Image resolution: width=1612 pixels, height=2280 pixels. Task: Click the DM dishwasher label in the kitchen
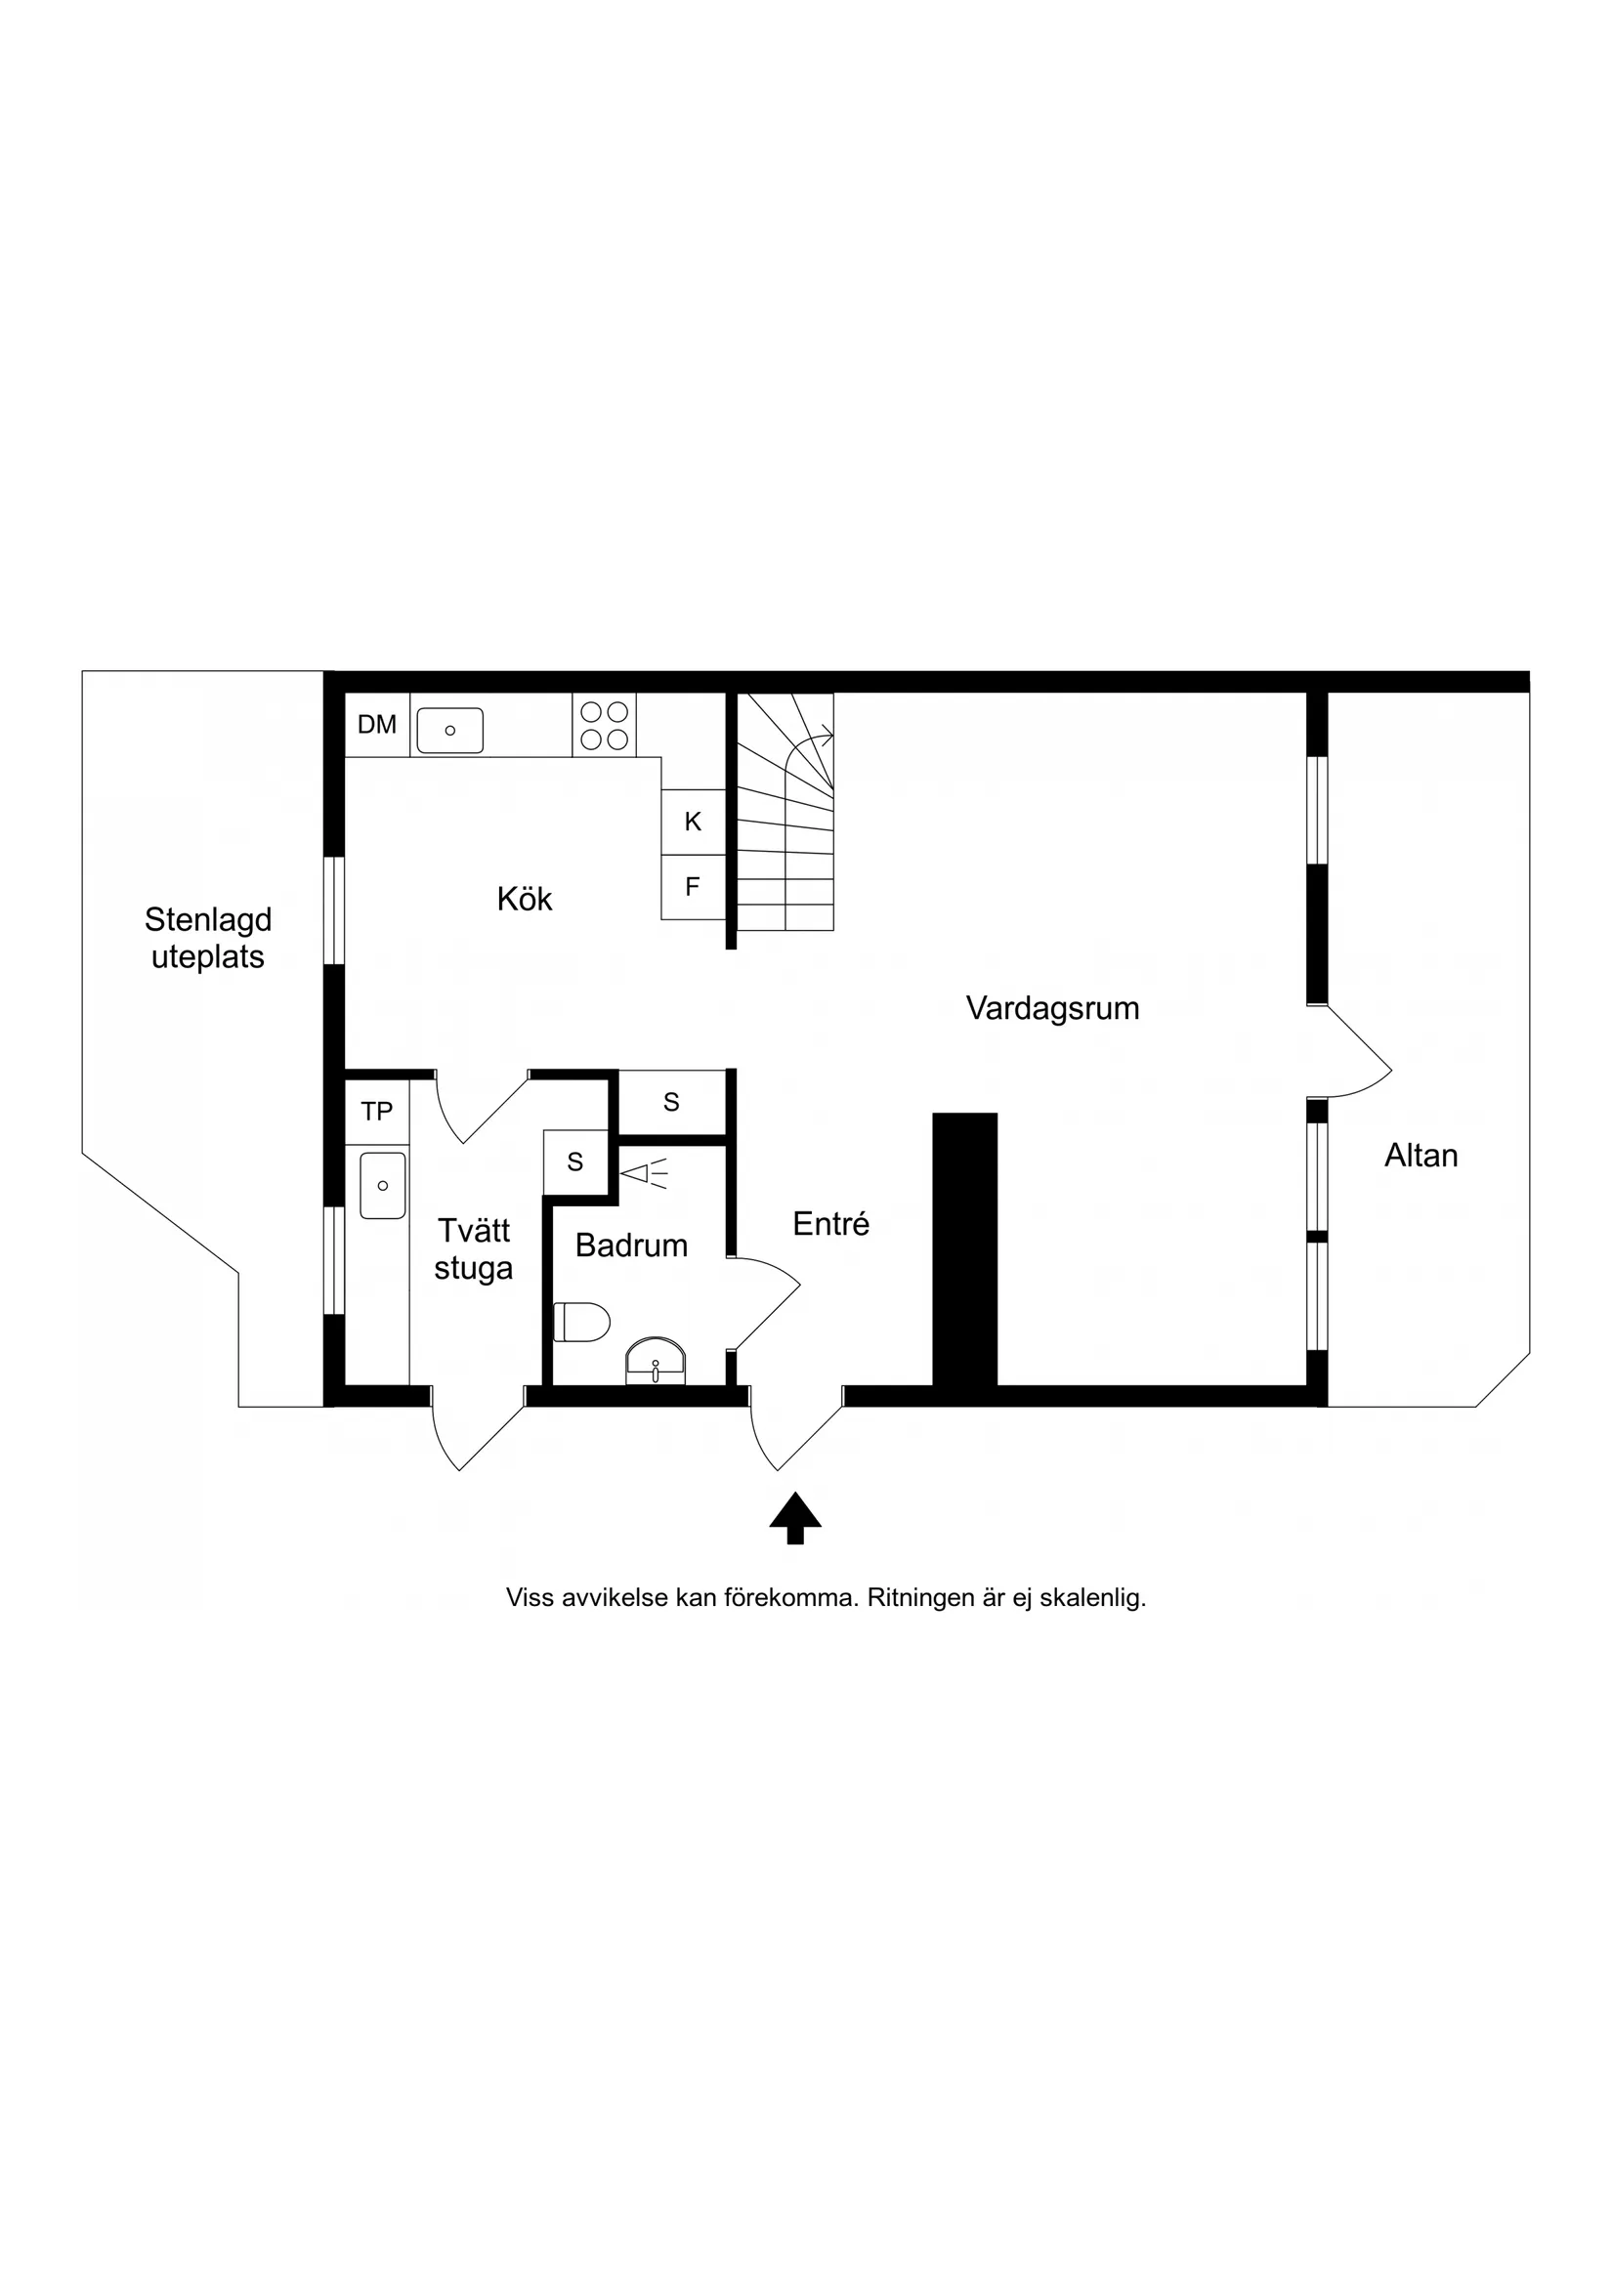376,725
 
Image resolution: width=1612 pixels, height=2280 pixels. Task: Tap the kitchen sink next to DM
450,730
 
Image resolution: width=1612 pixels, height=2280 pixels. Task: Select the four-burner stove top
604,725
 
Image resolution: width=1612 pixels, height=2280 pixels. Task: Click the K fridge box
694,822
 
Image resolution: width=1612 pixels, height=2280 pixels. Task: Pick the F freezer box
694,887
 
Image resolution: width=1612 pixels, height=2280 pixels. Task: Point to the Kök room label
525,900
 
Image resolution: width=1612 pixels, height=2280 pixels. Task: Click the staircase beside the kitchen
785,812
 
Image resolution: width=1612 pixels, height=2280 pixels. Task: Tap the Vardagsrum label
1052,1009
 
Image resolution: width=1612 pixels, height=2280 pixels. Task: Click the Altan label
1421,1156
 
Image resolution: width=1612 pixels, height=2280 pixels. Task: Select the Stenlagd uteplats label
207,939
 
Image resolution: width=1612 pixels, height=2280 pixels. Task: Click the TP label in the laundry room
376,1112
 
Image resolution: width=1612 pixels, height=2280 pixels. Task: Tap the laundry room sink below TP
382,1186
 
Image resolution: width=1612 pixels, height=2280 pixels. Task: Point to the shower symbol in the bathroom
644,1174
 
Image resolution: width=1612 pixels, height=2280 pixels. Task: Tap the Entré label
831,1225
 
